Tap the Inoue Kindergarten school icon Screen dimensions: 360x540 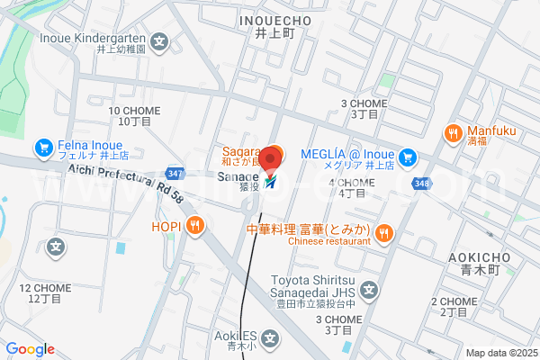pos(159,40)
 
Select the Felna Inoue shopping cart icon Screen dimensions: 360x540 pos(42,146)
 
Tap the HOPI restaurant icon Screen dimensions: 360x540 pos(194,227)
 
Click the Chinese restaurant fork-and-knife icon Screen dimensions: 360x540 pos(384,233)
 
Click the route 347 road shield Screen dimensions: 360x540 pos(175,172)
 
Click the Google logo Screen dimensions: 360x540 pos(30,349)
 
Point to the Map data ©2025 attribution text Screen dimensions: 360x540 pos(499,353)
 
